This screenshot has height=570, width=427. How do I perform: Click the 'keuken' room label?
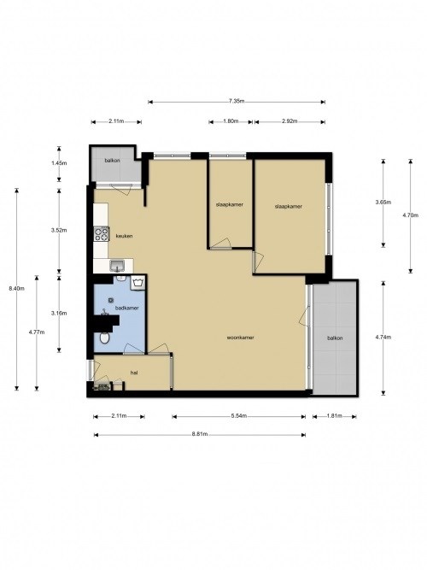tap(124, 237)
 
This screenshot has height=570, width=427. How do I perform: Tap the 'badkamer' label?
tap(127, 308)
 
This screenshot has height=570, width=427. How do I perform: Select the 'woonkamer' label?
tap(241, 338)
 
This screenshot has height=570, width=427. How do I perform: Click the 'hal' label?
tap(134, 373)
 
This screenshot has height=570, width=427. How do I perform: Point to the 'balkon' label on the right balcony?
tap(335, 339)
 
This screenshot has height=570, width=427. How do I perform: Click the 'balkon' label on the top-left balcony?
tap(113, 161)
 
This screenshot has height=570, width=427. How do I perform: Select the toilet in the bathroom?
tap(104, 338)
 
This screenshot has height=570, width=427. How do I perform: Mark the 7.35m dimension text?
tap(237, 102)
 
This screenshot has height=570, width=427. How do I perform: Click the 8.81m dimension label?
tap(199, 435)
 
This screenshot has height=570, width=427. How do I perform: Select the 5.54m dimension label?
tap(238, 416)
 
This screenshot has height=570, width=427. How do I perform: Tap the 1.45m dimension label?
tap(58, 162)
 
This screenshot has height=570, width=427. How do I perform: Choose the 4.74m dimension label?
tap(383, 337)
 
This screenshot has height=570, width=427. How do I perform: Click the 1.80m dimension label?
tap(230, 121)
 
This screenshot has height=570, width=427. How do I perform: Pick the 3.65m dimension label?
tap(383, 202)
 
